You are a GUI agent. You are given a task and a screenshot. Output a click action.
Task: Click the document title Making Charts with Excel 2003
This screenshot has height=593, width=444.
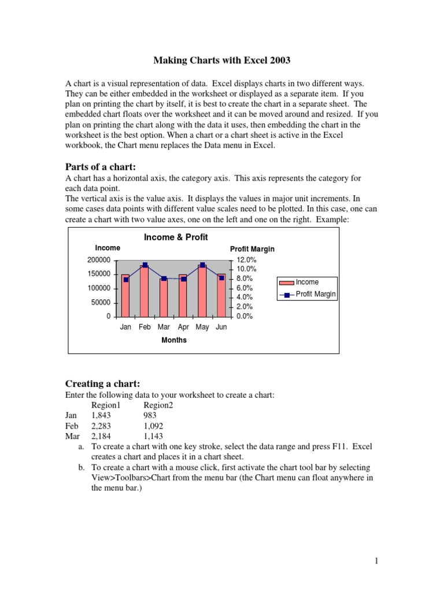pos(222,60)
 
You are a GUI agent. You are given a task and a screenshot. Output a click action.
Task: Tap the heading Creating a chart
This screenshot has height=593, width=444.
pos(102,384)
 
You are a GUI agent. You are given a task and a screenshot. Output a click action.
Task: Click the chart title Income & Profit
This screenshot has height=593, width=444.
pos(175,237)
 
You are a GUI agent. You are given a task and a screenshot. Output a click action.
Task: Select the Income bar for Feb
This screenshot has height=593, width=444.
pos(145,292)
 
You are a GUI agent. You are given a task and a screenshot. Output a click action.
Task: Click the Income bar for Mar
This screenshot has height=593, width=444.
pos(164,298)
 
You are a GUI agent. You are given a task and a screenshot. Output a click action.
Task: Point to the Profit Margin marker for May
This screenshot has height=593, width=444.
pos(202,265)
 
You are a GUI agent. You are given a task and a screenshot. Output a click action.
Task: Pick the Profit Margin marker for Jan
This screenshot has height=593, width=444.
pos(125,280)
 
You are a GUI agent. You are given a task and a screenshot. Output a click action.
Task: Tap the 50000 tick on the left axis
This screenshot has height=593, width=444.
pos(102,302)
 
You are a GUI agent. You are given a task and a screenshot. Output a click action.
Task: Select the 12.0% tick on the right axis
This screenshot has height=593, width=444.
pos(247,260)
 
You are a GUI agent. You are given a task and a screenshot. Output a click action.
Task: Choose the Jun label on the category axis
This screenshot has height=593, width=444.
pos(221,327)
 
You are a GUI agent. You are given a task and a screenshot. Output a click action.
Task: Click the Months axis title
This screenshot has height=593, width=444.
pos(173,340)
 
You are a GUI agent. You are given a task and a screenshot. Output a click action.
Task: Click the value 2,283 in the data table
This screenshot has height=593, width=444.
pos(101,426)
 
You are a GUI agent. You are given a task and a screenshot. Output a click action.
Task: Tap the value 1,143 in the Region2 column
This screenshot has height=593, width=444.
pos(154,437)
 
